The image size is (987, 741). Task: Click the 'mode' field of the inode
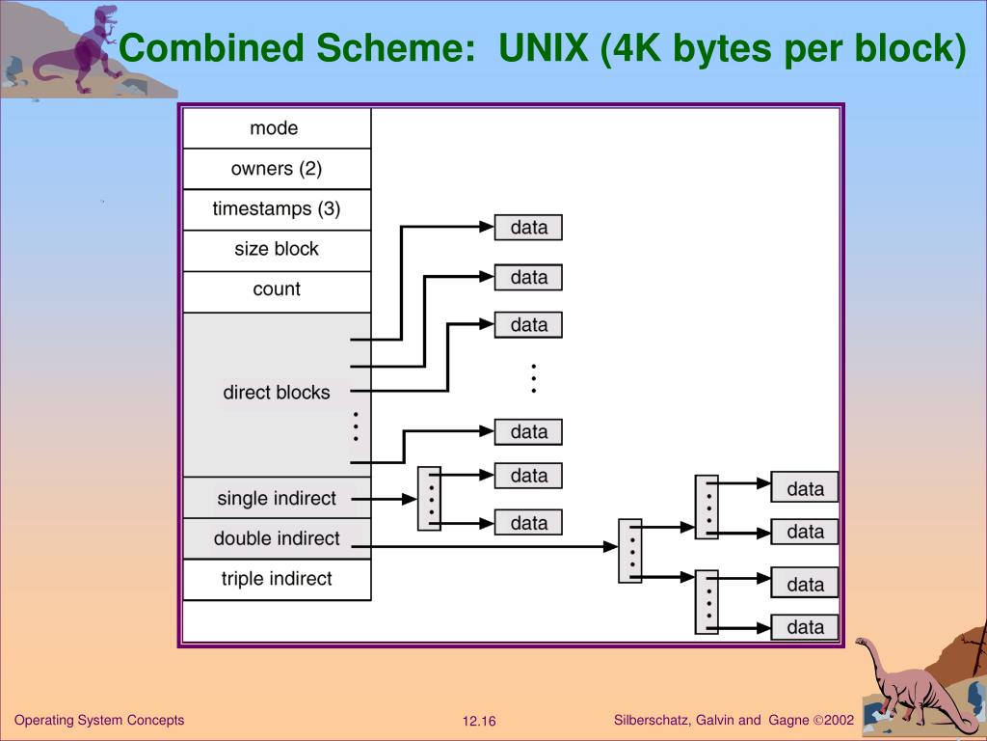point(276,128)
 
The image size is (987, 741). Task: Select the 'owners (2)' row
point(276,169)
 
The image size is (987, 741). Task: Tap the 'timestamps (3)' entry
point(276,209)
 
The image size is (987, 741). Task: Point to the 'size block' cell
point(276,249)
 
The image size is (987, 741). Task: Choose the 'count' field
point(276,289)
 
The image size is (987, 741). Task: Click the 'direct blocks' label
point(276,393)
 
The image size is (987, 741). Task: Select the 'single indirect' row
point(276,499)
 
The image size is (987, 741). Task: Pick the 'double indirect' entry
point(276,538)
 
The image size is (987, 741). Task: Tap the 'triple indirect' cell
point(276,579)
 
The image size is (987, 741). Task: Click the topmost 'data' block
point(528,228)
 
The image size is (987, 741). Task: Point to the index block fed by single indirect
point(429,499)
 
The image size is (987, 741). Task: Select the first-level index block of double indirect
point(629,551)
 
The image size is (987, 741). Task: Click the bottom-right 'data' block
point(805,627)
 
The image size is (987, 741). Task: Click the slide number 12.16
point(478,722)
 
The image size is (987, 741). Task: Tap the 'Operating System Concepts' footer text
point(99,721)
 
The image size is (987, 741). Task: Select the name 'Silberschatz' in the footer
point(650,721)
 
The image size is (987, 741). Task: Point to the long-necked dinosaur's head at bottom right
point(862,644)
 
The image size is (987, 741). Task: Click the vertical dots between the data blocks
point(532,377)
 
